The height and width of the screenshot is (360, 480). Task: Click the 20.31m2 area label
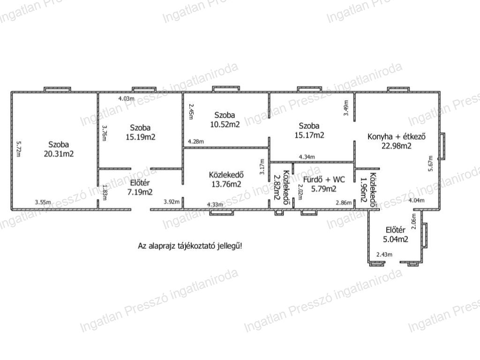point(59,154)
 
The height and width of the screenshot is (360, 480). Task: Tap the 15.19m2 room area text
point(141,137)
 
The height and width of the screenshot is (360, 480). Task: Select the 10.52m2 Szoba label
point(225,120)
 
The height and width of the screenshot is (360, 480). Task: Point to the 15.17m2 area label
point(309,135)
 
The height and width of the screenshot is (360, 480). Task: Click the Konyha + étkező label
point(397,136)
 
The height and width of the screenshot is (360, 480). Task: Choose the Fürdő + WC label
point(324,180)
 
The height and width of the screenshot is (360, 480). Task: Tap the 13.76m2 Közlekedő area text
point(226,184)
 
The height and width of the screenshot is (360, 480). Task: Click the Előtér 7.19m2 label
point(140,187)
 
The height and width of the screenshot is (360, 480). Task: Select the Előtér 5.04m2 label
point(396,234)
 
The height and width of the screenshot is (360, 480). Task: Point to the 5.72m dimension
point(18,149)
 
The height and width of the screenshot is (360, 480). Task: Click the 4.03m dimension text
point(127,98)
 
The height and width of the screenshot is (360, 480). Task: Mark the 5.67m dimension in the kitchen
point(430,164)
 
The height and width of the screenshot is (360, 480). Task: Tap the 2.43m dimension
point(384,255)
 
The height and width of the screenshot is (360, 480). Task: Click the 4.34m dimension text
point(307,157)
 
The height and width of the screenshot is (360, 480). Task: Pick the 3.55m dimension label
point(43,202)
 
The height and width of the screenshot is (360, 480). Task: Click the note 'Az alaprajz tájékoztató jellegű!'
point(190,246)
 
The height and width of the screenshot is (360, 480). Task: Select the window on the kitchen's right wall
point(442,146)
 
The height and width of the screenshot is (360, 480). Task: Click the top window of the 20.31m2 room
point(57,90)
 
